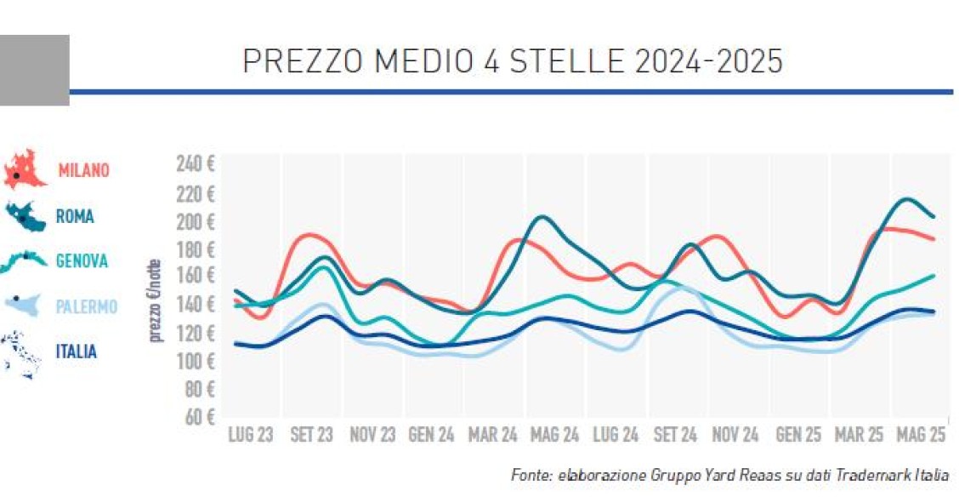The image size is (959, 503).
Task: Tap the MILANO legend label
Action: (x=83, y=170)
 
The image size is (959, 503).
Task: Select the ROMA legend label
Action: (x=75, y=216)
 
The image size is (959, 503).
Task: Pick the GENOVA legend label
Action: (x=82, y=261)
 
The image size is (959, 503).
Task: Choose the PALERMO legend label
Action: (x=86, y=306)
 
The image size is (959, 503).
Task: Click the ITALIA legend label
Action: (x=77, y=352)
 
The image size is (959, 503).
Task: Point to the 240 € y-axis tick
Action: (x=196, y=164)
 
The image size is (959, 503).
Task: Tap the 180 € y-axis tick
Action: (x=196, y=249)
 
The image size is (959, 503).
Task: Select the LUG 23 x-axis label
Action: (x=251, y=436)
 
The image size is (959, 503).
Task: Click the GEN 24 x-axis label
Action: (x=432, y=436)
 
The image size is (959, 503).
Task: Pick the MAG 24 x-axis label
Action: (x=554, y=436)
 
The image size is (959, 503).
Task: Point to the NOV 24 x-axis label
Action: (x=735, y=436)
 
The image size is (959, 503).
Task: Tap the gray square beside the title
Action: (x=34, y=70)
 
